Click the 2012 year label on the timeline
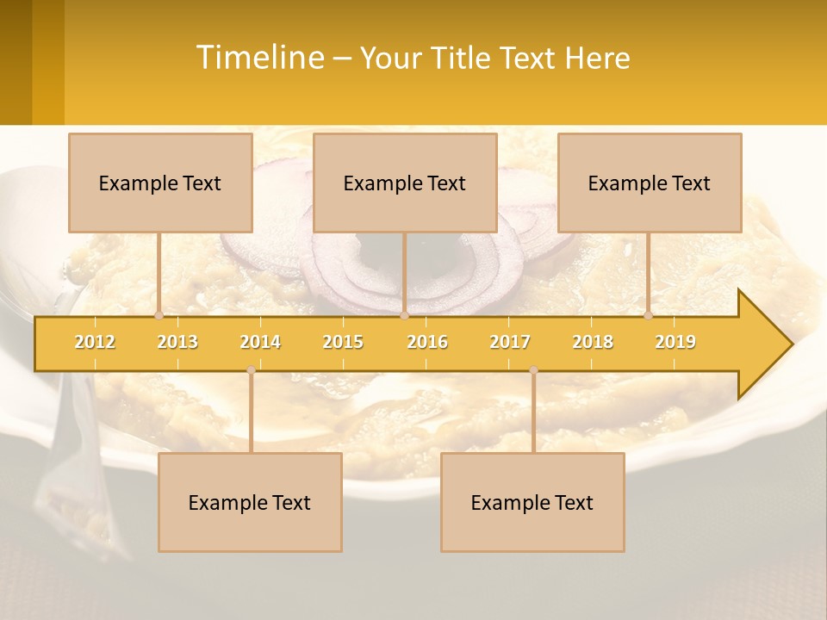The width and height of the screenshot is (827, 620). (95, 342)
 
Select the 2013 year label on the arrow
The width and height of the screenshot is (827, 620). (177, 342)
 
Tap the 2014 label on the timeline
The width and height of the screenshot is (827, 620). (260, 342)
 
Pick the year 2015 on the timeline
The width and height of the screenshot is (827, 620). (343, 342)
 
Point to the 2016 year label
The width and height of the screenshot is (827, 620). (427, 342)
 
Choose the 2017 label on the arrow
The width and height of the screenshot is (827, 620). (510, 342)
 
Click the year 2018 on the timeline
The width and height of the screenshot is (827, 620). (593, 342)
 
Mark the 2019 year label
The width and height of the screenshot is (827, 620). (675, 342)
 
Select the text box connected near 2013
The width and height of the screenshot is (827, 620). (160, 183)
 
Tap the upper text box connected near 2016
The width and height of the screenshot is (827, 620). (405, 183)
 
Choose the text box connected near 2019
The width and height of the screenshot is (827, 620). (650, 183)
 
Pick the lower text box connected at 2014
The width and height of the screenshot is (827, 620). (250, 502)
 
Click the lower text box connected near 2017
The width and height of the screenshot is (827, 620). (532, 502)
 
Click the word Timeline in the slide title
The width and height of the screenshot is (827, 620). (258, 58)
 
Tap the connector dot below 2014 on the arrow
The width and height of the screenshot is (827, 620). (251, 369)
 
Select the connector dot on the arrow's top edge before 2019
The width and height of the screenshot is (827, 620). (649, 315)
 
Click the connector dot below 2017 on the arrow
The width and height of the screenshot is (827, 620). (533, 369)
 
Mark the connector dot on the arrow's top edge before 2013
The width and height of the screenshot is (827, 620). (159, 315)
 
